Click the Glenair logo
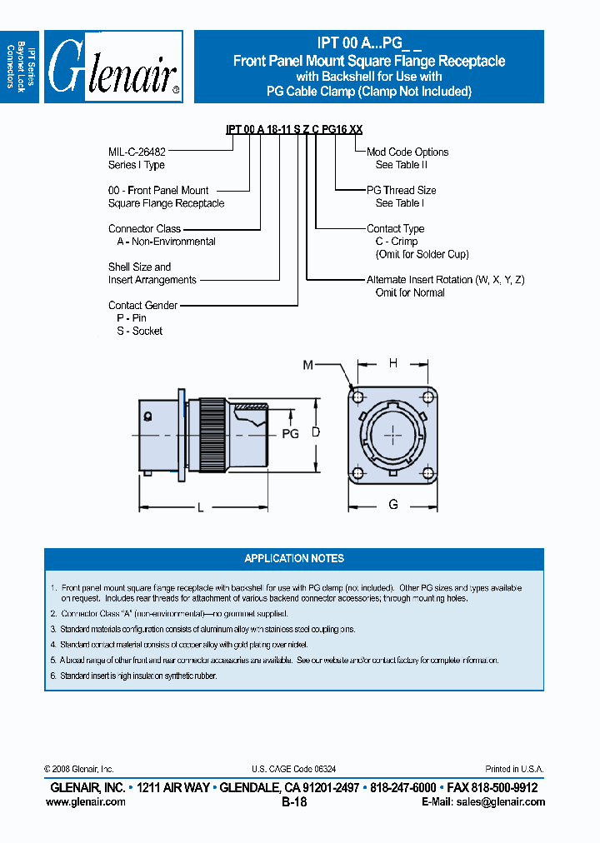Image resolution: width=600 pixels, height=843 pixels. click(x=113, y=67)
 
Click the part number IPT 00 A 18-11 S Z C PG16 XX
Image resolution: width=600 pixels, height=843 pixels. click(x=294, y=129)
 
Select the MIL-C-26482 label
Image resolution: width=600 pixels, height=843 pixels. click(x=137, y=152)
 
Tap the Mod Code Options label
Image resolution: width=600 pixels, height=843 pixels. click(x=407, y=152)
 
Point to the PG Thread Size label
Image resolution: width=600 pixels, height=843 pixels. click(x=402, y=190)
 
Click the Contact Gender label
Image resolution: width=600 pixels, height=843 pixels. click(x=142, y=306)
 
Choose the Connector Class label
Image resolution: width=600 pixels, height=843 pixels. click(x=144, y=228)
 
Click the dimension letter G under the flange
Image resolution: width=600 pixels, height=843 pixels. click(x=393, y=505)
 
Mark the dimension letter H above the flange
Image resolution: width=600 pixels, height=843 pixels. click(x=392, y=362)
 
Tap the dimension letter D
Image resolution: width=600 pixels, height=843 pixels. click(x=316, y=431)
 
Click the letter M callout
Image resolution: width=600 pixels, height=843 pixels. click(x=307, y=364)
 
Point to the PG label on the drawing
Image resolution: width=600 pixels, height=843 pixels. click(x=290, y=434)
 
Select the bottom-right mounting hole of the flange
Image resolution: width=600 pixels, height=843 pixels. click(x=428, y=473)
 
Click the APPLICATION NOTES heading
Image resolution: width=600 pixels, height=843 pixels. click(x=294, y=558)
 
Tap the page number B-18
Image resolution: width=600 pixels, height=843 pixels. click(x=294, y=802)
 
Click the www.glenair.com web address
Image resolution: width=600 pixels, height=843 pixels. click(x=86, y=802)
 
